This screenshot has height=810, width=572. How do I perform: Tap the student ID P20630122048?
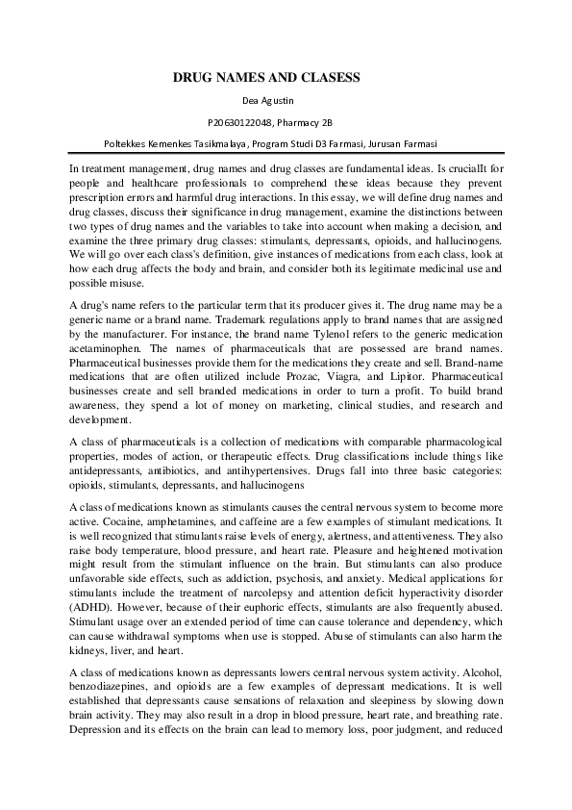pyautogui.click(x=241, y=123)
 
